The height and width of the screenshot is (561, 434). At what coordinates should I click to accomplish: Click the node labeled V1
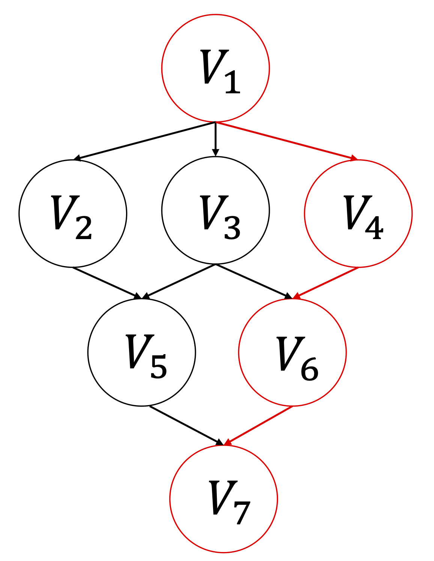pyautogui.click(x=215, y=68)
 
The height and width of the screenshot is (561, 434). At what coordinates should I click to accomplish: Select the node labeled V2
pyautogui.click(x=73, y=214)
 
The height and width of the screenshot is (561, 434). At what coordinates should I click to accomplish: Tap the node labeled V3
pyautogui.click(x=215, y=210)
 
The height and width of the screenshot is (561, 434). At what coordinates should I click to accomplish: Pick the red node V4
pyautogui.click(x=358, y=214)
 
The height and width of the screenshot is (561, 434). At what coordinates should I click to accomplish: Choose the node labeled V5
pyautogui.click(x=142, y=352)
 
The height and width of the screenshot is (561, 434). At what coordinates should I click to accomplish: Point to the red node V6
pyautogui.click(x=292, y=352)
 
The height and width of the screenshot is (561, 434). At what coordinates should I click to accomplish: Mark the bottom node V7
pyautogui.click(x=224, y=499)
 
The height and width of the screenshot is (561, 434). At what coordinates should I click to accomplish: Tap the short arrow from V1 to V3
pyautogui.click(x=215, y=139)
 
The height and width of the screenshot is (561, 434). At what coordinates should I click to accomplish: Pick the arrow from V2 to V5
pyautogui.click(x=107, y=283)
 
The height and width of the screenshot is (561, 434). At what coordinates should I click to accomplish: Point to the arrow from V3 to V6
pyautogui.click(x=254, y=282)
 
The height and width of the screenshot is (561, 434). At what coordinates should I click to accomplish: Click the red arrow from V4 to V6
pyautogui.click(x=326, y=283)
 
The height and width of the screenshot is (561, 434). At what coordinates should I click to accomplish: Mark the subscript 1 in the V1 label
pyautogui.click(x=233, y=83)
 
